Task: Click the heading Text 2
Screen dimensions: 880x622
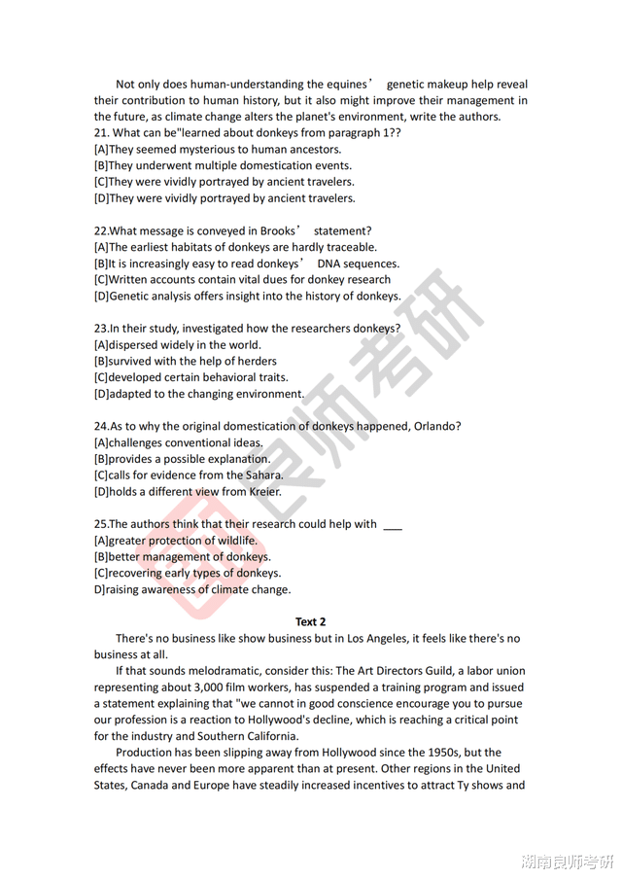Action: (310, 621)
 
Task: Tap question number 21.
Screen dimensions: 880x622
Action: (101, 132)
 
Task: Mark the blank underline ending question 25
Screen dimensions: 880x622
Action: (392, 525)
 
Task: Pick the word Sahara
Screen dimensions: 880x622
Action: (262, 475)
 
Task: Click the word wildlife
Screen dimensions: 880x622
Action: (234, 541)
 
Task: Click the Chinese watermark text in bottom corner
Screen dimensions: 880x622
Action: (568, 862)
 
